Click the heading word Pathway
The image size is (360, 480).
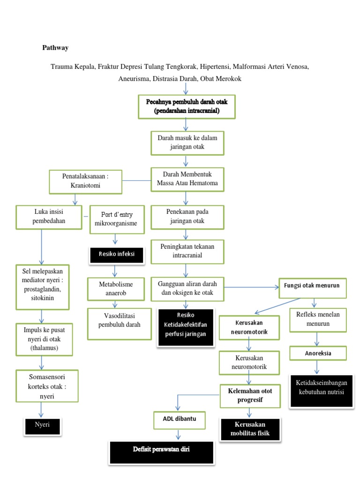56,48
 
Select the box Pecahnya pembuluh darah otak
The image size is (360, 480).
187,106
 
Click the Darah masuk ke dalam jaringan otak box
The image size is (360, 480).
187,142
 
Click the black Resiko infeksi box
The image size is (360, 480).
117,254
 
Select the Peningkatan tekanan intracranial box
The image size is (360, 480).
187,251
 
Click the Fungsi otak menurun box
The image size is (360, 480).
312,286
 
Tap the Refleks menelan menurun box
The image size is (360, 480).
318,319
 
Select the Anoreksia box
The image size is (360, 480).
318,353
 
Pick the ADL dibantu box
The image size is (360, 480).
180,420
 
